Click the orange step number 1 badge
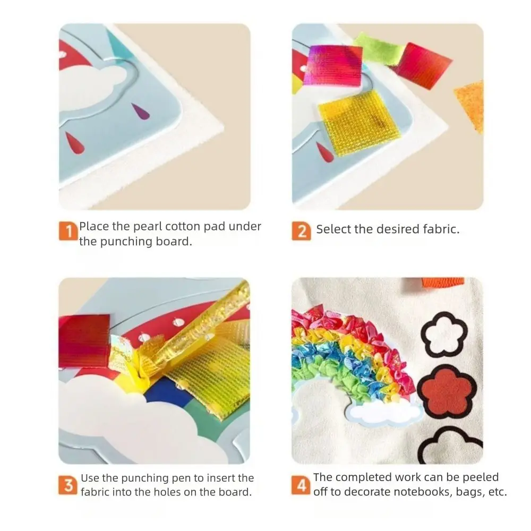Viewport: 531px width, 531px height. tap(68, 232)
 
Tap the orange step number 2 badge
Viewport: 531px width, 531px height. tap(302, 232)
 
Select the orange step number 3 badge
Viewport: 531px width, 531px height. tap(68, 485)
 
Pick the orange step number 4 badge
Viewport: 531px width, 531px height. tap(301, 485)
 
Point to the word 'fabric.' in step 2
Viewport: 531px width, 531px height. tap(441, 229)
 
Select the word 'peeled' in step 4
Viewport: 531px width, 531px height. tap(481, 477)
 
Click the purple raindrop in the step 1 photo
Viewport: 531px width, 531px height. tap(141, 112)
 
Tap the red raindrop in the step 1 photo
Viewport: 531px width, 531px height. tap(74, 142)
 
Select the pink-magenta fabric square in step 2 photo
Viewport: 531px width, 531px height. tap(332, 65)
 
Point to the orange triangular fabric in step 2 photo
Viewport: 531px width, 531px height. tap(470, 105)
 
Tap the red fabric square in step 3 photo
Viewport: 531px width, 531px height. tap(84, 341)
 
